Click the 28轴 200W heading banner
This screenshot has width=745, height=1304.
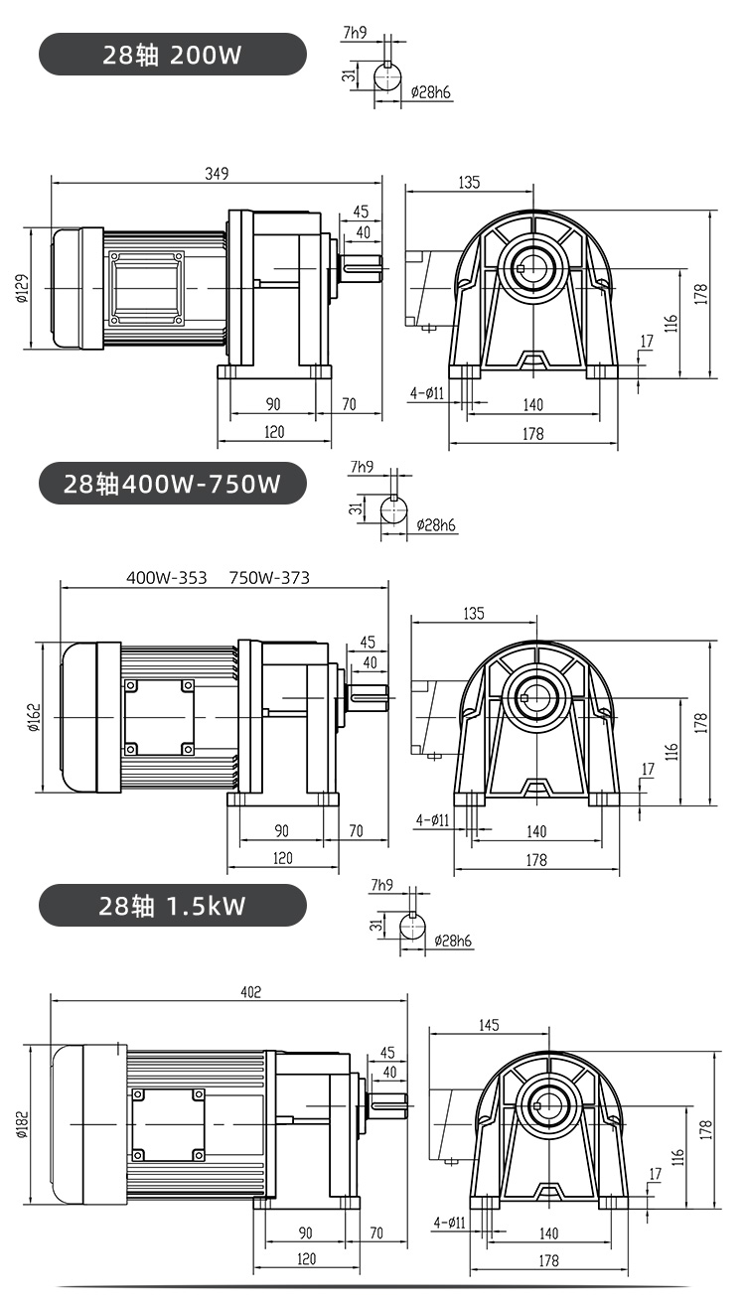[x=172, y=55]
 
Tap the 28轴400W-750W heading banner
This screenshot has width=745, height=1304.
[x=172, y=484]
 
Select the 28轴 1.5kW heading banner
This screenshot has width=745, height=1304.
[x=172, y=905]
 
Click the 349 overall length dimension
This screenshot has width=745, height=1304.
[x=217, y=174]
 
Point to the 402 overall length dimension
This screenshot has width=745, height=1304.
[x=251, y=992]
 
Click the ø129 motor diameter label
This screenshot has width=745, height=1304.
[x=22, y=289]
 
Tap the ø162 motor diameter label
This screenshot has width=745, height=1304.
[x=35, y=717]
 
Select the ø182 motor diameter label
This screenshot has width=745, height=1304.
[x=22, y=1123]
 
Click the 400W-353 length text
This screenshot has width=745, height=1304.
[x=167, y=577]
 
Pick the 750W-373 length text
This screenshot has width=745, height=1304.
[x=269, y=577]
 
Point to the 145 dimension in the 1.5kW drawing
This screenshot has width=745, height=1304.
[x=489, y=1024]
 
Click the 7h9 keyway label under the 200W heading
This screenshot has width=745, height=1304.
[x=355, y=32]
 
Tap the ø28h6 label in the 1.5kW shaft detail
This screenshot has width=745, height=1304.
[x=453, y=941]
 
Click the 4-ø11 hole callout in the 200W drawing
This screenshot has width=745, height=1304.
[x=426, y=393]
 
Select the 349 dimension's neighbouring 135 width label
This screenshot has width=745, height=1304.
[x=469, y=182]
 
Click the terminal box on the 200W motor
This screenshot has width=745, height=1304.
[x=145, y=288]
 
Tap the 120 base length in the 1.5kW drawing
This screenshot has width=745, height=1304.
[x=306, y=1258]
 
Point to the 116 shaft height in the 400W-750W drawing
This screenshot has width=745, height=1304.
[x=672, y=751]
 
